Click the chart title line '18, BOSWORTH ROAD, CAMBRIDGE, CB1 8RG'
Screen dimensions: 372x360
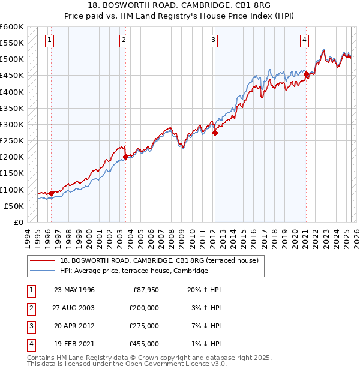[x=180, y=7]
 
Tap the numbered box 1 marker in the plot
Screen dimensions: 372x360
[x=49, y=40]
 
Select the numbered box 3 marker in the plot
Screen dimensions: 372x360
[x=213, y=40]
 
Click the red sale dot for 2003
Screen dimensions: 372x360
[x=125, y=157]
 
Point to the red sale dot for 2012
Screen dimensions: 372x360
[x=215, y=133]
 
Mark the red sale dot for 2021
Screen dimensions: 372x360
[x=306, y=74]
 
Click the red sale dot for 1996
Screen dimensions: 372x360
[x=51, y=193]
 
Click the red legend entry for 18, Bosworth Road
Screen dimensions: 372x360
[x=159, y=260]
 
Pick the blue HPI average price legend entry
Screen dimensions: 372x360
[x=133, y=271]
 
